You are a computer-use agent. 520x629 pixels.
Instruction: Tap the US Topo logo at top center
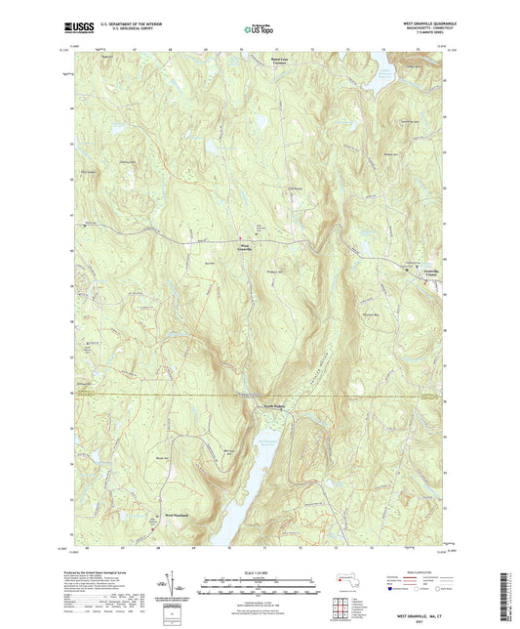tap(259, 30)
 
